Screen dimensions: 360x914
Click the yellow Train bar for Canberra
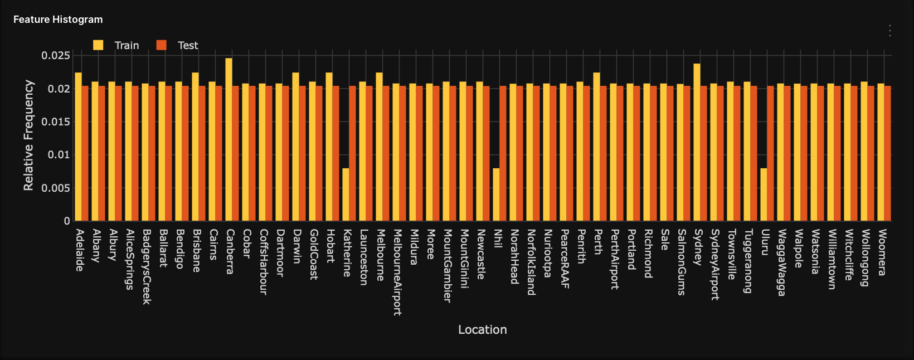click(x=229, y=139)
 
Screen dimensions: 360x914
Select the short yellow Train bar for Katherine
click(x=346, y=194)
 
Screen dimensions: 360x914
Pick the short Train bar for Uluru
click(x=764, y=194)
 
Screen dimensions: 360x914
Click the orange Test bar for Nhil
click(x=503, y=153)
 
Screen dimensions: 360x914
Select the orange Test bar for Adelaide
click(x=85, y=153)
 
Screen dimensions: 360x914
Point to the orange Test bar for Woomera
click(x=887, y=153)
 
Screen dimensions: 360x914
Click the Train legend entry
click(x=117, y=46)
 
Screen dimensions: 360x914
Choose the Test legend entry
click(x=178, y=46)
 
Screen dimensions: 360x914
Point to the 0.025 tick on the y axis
click(x=55, y=56)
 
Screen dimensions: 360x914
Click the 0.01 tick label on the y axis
click(x=58, y=155)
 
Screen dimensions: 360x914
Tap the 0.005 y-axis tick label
click(x=55, y=188)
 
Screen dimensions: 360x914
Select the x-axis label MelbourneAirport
click(x=397, y=272)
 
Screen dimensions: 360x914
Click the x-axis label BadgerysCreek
click(x=146, y=266)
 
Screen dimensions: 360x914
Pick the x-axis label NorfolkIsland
click(x=531, y=262)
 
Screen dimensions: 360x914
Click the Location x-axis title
click(x=482, y=330)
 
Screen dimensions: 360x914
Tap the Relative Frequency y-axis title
click(x=28, y=135)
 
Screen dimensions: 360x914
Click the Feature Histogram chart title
click(x=58, y=20)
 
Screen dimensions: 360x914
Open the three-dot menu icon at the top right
click(x=890, y=31)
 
